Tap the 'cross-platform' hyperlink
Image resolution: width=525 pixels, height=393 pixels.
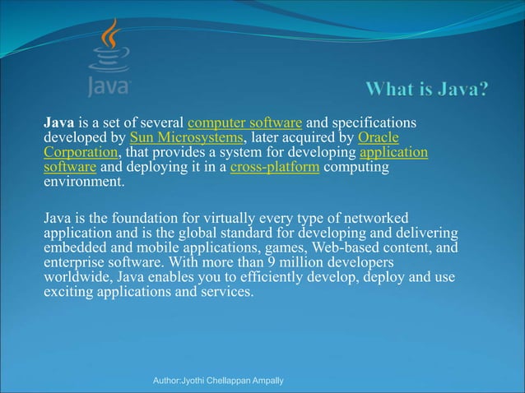(x=276, y=168)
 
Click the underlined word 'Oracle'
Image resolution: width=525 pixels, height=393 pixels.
(x=379, y=137)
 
